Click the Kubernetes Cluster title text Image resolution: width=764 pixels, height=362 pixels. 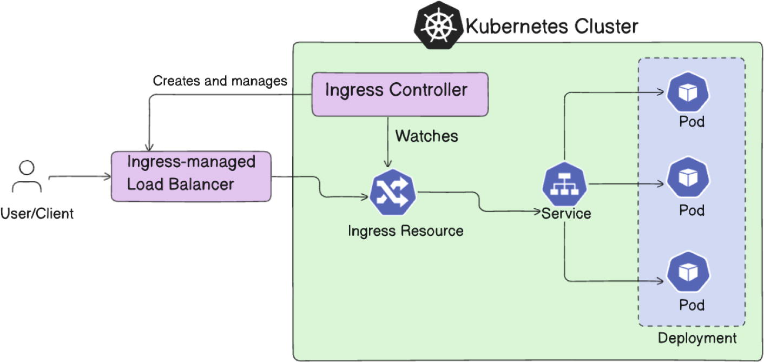point(552,26)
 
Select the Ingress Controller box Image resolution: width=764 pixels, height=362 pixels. point(399,94)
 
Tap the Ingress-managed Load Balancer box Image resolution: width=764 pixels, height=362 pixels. point(190,176)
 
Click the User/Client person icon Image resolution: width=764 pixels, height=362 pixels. point(27,176)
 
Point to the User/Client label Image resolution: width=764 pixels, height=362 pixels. point(37,214)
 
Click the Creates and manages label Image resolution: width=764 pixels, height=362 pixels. point(220,81)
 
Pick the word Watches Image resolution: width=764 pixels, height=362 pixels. point(426,136)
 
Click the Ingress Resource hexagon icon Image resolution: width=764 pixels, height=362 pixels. point(393,195)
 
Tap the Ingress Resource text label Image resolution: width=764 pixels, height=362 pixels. point(405,231)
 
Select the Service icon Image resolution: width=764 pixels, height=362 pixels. point(565,185)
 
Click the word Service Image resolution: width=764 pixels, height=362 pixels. point(567,213)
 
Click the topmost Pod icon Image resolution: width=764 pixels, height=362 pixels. point(688,93)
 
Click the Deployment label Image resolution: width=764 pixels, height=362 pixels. point(697,339)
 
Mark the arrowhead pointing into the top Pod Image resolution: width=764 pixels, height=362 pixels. point(661,93)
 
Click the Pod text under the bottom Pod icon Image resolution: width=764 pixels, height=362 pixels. point(692,305)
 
